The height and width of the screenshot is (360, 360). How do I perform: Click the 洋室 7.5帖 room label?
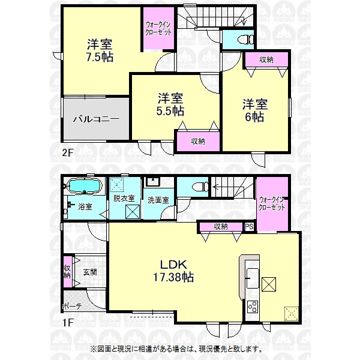[100, 50]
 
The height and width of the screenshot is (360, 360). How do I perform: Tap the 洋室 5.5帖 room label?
[170, 104]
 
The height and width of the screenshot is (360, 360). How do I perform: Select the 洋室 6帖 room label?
[255, 110]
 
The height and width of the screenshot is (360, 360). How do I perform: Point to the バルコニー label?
[96, 119]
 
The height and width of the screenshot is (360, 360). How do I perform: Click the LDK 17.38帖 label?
[173, 271]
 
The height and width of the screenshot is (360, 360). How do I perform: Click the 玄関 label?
[90, 272]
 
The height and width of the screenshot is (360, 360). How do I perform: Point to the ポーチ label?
[72, 307]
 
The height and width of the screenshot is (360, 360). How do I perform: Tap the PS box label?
[249, 227]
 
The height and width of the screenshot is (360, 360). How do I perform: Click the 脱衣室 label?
[124, 198]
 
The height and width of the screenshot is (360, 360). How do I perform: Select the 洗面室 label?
[158, 200]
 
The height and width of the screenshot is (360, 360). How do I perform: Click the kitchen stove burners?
[253, 307]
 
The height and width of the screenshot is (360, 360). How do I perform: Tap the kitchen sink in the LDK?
[253, 278]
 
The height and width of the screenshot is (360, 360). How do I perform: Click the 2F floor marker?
[67, 152]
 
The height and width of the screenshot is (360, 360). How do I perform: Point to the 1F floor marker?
[67, 323]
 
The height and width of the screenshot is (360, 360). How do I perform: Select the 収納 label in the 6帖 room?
[266, 60]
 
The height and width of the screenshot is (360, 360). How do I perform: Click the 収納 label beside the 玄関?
[67, 272]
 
